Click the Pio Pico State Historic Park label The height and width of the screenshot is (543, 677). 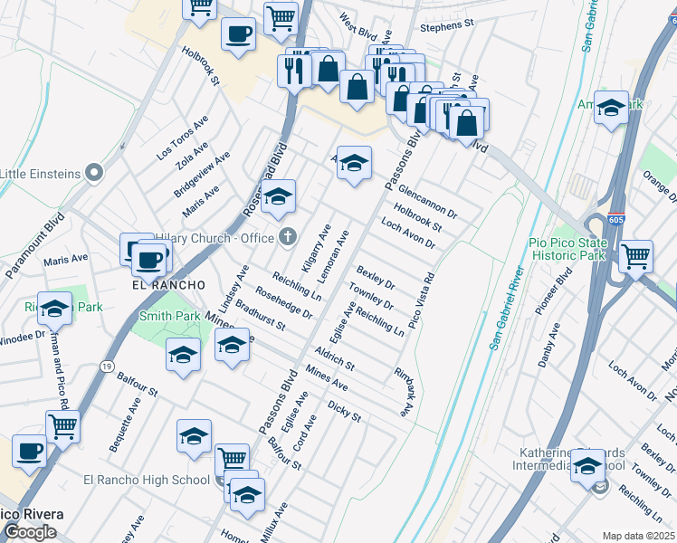click(x=567, y=249)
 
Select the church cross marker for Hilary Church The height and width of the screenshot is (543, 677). click(x=288, y=237)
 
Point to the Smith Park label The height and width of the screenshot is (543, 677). click(x=169, y=317)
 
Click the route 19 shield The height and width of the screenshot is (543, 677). click(x=107, y=367)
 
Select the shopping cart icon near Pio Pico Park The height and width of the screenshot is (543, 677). click(x=635, y=257)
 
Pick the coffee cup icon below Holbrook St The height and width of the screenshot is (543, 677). click(x=238, y=35)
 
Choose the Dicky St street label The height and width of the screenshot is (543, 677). click(x=345, y=412)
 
